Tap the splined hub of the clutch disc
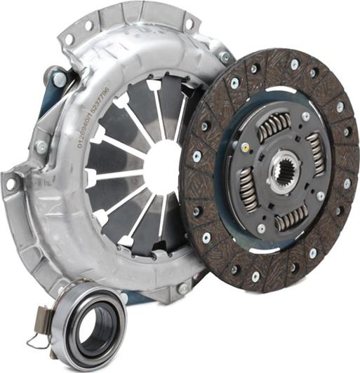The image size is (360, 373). (x=284, y=170)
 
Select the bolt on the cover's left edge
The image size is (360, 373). (x=41, y=147)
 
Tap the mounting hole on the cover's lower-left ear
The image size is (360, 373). (x=11, y=184)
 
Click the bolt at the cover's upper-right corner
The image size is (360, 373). (x=225, y=56)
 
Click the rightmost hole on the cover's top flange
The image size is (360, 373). (x=189, y=23)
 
